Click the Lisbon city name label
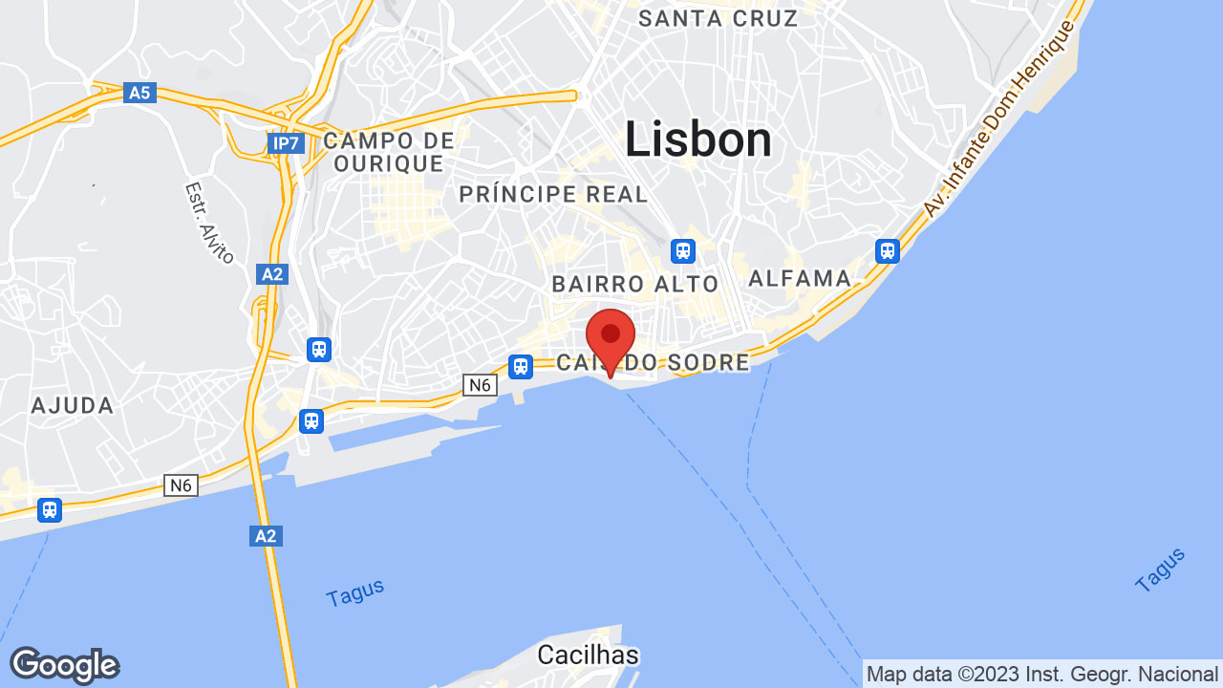[698, 140]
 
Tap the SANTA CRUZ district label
[718, 18]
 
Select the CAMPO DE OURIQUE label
[389, 152]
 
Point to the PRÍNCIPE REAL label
[553, 194]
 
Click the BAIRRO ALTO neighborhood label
[634, 284]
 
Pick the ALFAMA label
[800, 278]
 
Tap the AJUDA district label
[73, 405]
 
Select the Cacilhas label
[588, 655]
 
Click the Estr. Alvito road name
[209, 222]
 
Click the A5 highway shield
[139, 93]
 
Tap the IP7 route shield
[284, 143]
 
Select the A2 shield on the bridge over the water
[266, 536]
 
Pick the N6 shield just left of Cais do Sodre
[480, 384]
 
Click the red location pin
[611, 340]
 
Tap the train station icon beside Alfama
[888, 250]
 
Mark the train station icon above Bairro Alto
[682, 250]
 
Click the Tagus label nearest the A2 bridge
[354, 592]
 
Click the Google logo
[64, 665]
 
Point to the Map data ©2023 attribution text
[1041, 674]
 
